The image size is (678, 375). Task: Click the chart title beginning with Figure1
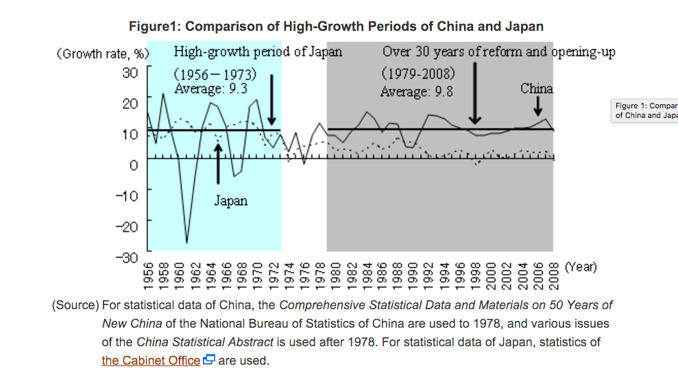coord(336,27)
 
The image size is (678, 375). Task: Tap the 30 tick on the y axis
coord(130,72)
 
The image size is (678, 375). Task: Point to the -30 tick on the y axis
coord(128,256)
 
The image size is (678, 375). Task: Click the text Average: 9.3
coord(211,88)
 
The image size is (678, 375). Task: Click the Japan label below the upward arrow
coord(230,201)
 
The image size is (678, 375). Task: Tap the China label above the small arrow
coord(536,88)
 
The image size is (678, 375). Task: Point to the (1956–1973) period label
coord(215,74)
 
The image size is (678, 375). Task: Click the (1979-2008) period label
coord(418,73)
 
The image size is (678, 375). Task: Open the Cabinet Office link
coord(151,360)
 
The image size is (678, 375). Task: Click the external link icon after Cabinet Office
coord(209,360)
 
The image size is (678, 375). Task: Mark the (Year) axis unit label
coord(580,267)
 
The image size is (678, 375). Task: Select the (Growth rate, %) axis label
coord(103,53)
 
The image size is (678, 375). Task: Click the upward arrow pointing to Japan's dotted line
coord(219,158)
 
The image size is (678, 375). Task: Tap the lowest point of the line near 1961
coord(186,242)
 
